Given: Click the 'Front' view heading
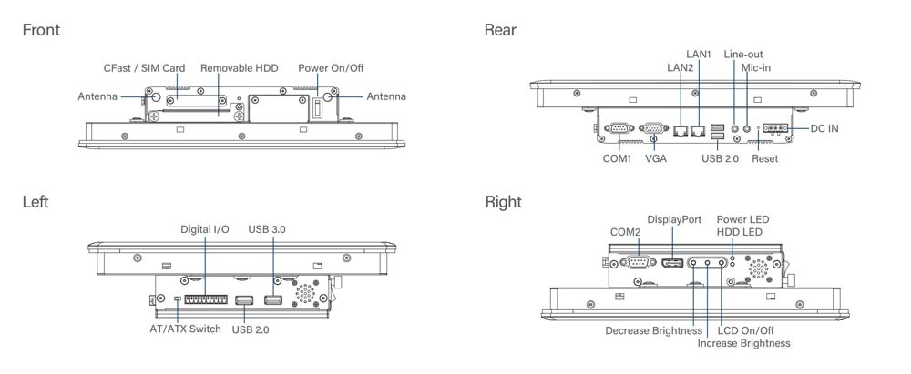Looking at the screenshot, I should [41, 30].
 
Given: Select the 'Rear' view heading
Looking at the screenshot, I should [500, 30].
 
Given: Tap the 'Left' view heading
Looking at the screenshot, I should [36, 202].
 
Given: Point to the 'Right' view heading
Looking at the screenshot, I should [504, 202].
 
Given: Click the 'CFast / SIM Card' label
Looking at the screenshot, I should [144, 68].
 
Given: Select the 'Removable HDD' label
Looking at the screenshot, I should [239, 68].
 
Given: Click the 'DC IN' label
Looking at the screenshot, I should [824, 128].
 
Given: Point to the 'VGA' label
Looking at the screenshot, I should [656, 159].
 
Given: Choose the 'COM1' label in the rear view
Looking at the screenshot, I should [617, 159].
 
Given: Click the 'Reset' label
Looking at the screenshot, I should [765, 159].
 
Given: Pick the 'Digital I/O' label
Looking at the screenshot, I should [204, 230].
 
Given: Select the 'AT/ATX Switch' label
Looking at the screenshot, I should [185, 329].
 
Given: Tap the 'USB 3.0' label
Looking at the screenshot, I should [267, 230].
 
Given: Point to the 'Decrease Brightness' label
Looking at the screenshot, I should [653, 330].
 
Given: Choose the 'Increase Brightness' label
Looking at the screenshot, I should [743, 343].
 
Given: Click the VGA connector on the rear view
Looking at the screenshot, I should [653, 129].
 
